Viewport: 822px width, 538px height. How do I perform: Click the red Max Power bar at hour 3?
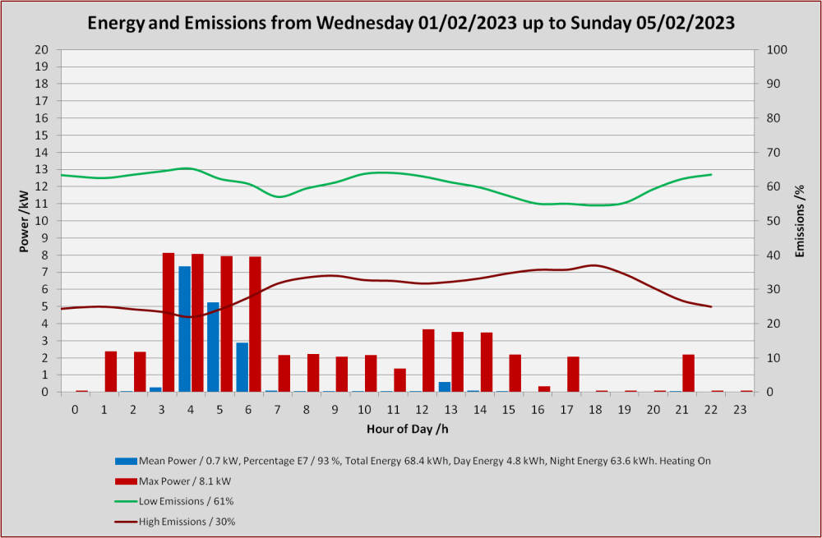point(169,322)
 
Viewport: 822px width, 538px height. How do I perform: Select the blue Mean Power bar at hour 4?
point(184,329)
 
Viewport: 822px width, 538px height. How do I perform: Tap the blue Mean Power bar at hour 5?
point(214,347)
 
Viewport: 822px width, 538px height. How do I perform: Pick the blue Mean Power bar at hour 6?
point(242,367)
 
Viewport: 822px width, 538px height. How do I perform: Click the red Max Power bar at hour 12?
point(429,361)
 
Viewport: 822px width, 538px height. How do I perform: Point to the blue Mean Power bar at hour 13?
point(445,387)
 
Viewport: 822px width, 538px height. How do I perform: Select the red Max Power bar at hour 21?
point(689,373)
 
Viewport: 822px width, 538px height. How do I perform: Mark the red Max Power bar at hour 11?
point(400,380)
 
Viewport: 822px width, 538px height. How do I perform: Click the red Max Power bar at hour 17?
point(574,374)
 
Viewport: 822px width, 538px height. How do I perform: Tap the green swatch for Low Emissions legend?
point(126,501)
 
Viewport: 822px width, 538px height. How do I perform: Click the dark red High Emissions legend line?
point(126,522)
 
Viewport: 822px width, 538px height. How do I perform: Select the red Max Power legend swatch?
point(126,481)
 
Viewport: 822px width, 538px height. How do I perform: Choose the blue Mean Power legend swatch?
point(126,461)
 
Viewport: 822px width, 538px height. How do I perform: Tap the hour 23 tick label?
point(740,410)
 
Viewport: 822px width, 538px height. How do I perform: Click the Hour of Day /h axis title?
point(408,429)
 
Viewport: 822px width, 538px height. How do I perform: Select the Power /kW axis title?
point(24,221)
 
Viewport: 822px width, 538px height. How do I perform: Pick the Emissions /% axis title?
point(800,221)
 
